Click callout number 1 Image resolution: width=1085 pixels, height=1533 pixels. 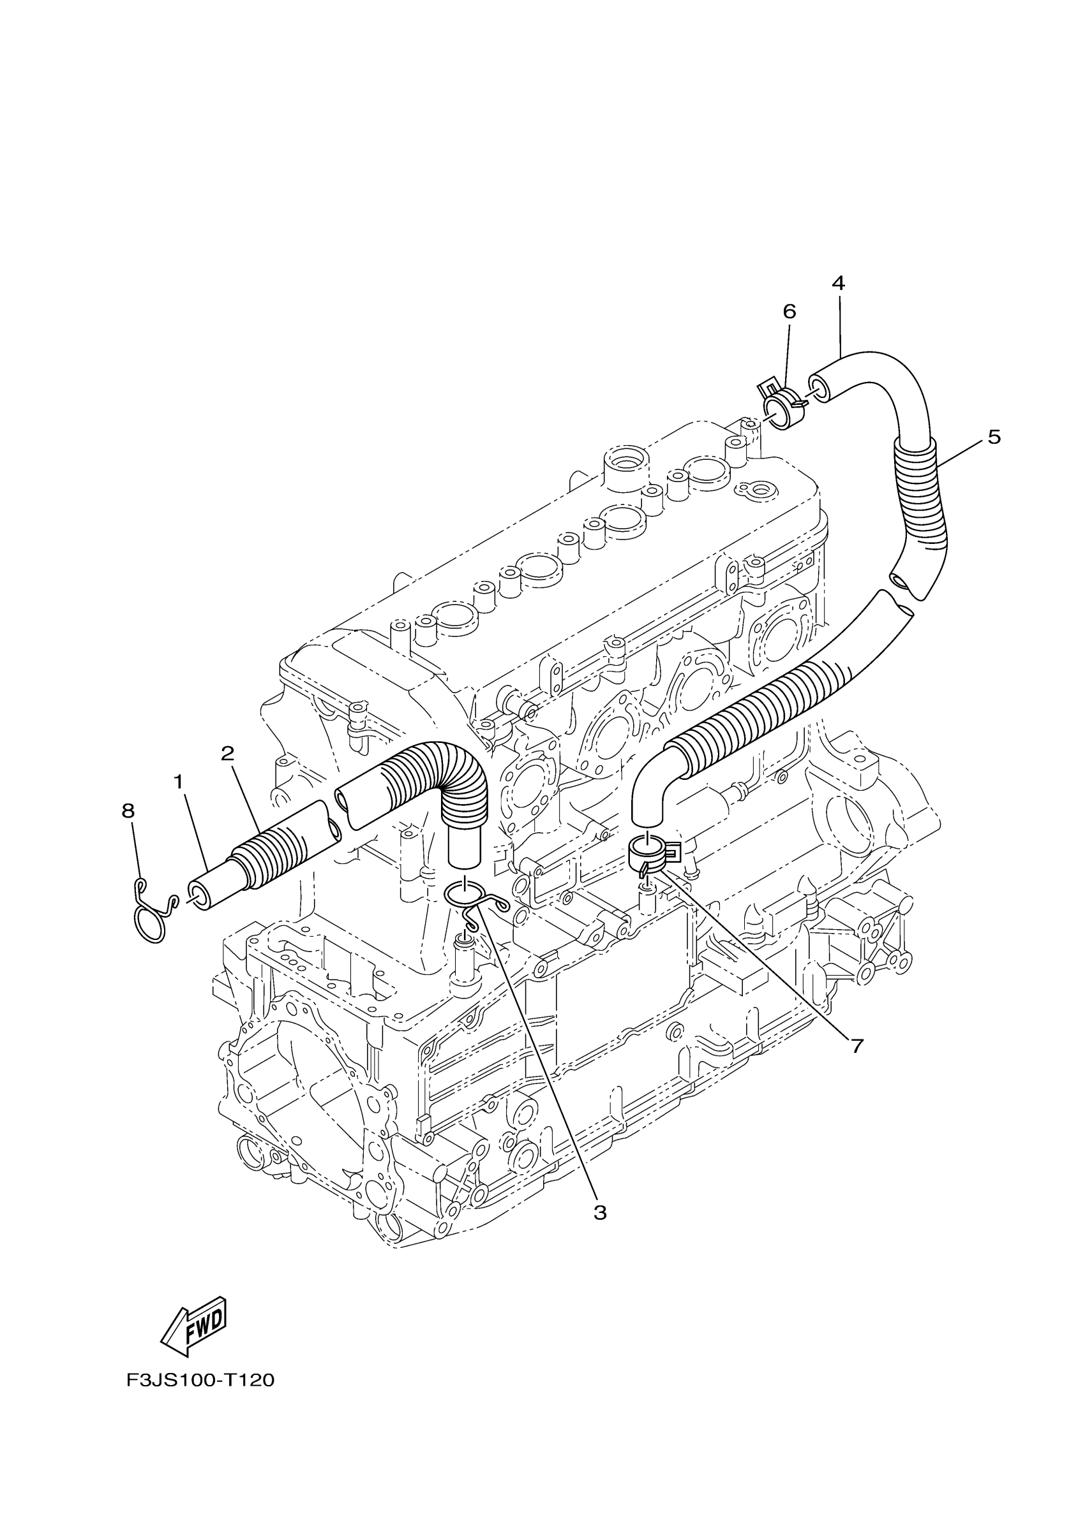pos(179,782)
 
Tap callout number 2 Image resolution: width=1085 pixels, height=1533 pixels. pos(227,754)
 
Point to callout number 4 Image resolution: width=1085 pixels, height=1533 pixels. pos(839,283)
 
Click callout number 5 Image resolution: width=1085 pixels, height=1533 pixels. pos(994,437)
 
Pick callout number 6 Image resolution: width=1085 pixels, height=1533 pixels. pos(789,312)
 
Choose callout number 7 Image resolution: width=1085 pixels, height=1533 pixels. pos(857,1046)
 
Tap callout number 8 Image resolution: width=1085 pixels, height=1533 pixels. pos(128,811)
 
